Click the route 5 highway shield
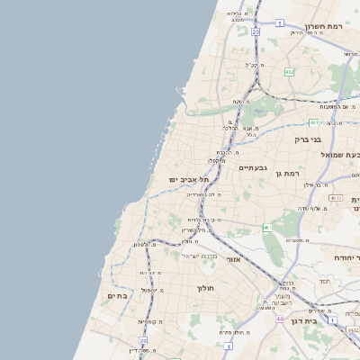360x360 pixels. coord(280,22)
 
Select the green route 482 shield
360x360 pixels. coord(289,71)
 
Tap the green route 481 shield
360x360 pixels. coord(314,121)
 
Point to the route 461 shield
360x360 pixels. coord(267,228)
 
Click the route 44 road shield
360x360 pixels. coord(280,319)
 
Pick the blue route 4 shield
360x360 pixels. coord(229,346)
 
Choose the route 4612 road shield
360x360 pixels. coord(336,197)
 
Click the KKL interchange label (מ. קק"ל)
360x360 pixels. coord(253,65)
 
